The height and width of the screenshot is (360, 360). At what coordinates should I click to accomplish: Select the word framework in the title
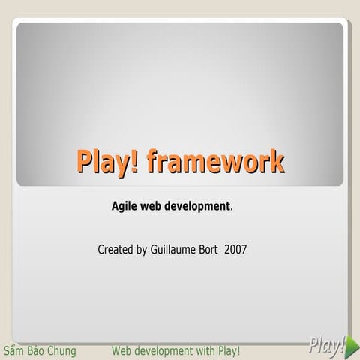(x=216, y=161)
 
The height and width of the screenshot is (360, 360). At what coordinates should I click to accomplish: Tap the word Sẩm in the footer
(x=14, y=351)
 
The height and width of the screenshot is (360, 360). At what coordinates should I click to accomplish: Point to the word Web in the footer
(x=121, y=351)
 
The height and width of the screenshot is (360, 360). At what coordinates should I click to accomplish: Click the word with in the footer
(x=206, y=351)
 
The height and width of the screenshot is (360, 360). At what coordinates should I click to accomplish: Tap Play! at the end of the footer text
(x=229, y=351)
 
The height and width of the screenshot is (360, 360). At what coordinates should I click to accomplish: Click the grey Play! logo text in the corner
(x=326, y=345)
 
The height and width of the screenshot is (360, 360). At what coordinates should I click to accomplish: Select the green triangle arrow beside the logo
(x=353, y=346)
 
